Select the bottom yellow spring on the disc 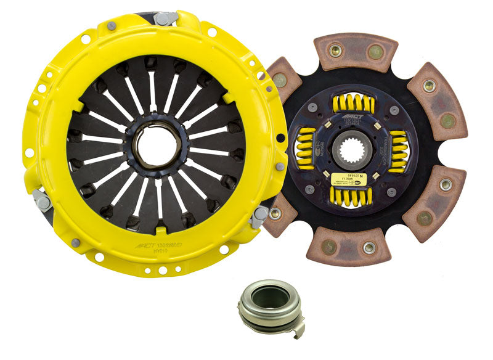pyautogui.click(x=352, y=196)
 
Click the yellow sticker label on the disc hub pyautogui.click(x=341, y=179)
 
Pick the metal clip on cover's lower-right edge pyautogui.click(x=259, y=216)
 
